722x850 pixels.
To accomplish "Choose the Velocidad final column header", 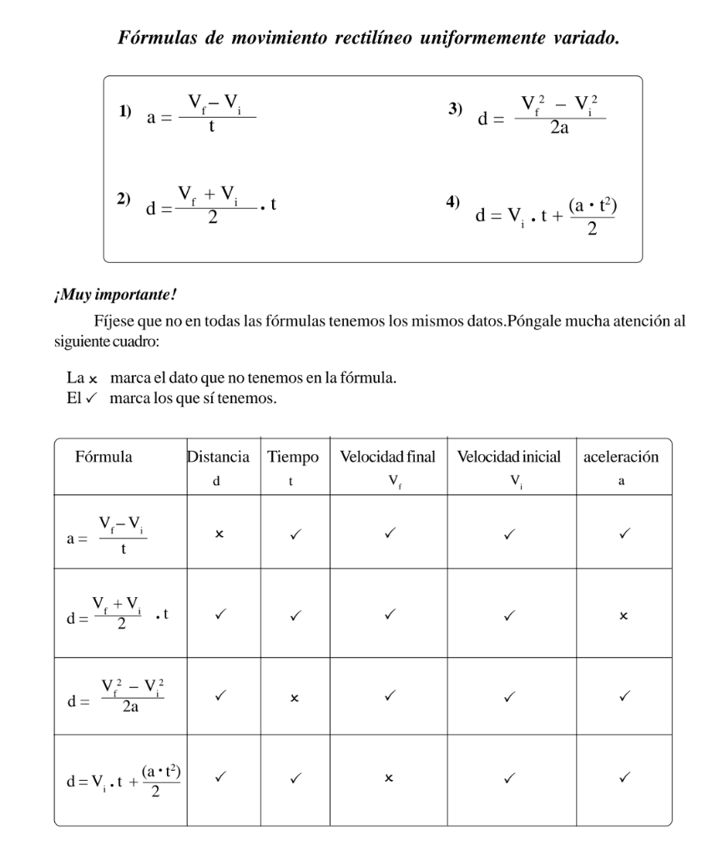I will pos(388,458).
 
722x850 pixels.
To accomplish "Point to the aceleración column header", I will pos(622,458).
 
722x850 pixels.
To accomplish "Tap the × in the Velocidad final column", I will pos(388,778).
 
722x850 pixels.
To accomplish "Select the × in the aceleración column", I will pos(623,615).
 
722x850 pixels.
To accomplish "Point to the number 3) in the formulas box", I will pos(455,109).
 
